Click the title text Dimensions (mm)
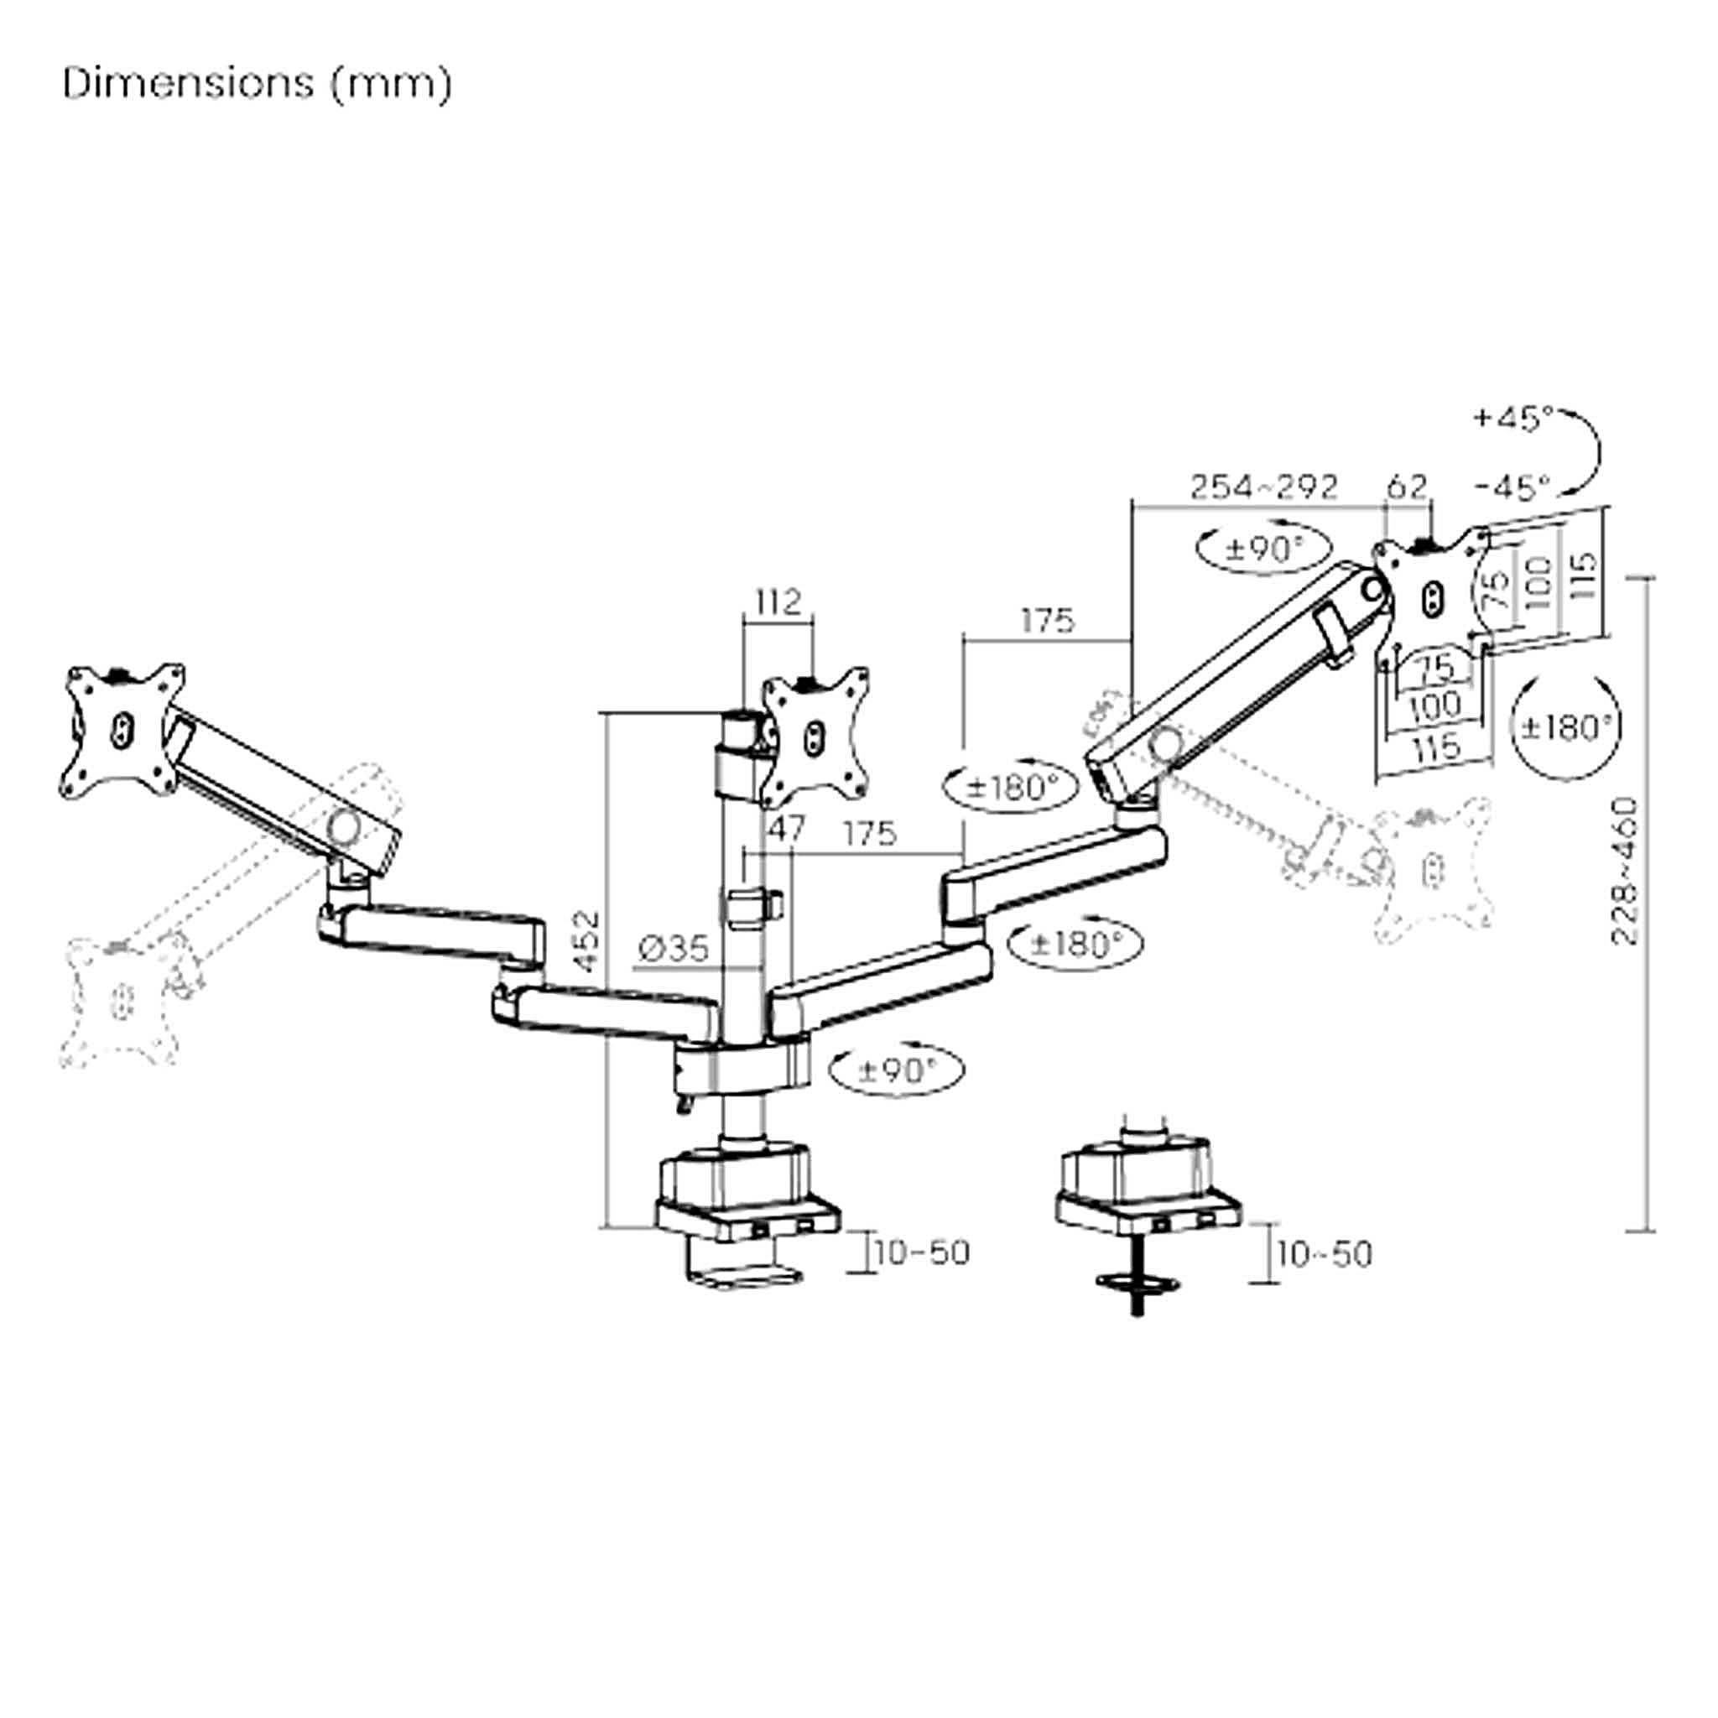pos(257,84)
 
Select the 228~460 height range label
pos(1624,871)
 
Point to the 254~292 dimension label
pos(1263,487)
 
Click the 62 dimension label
pos(1407,487)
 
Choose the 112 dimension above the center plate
pos(778,602)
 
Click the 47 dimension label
pos(785,830)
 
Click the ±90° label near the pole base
pos(897,1070)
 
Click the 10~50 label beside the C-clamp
pos(922,1254)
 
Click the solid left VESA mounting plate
pos(123,729)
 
